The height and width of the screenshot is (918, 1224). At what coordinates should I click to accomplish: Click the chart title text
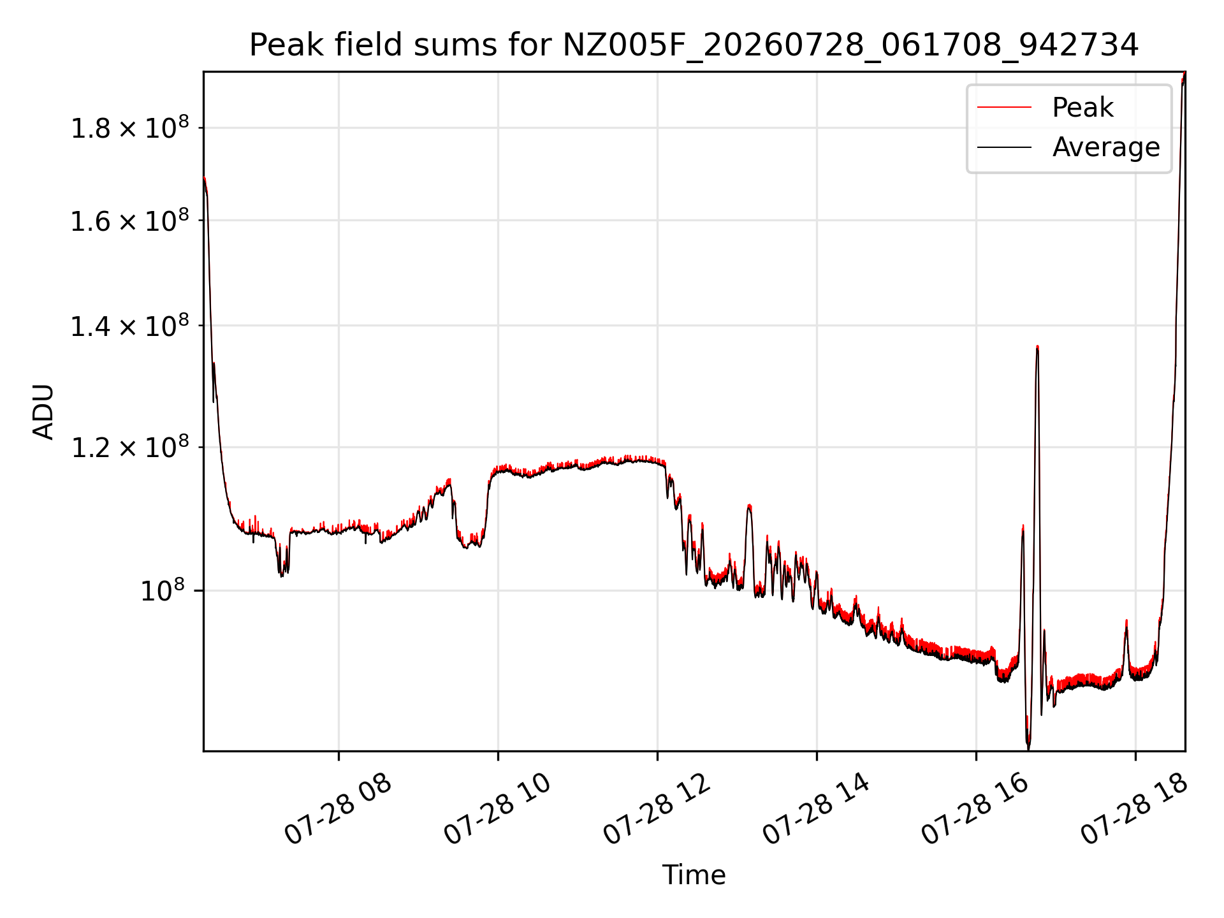(694, 45)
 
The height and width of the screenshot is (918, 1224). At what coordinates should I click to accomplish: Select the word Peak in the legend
(1082, 107)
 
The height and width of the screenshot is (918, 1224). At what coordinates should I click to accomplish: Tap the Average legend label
(1106, 147)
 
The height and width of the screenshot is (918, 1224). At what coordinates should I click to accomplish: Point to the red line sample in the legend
(1004, 107)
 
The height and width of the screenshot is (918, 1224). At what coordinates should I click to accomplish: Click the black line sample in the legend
(1004, 147)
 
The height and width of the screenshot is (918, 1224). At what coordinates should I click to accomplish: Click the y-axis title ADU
(43, 411)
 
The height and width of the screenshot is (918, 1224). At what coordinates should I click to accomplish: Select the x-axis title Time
(694, 875)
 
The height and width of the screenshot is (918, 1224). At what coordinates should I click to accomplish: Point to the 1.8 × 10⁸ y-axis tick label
(130, 127)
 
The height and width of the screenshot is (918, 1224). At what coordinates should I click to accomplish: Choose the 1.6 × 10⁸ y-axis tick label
(130, 221)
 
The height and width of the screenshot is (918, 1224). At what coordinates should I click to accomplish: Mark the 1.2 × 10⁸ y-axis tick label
(130, 447)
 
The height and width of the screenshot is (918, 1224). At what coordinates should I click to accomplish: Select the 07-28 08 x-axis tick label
(338, 810)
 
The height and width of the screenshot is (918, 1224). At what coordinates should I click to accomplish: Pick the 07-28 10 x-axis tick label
(497, 810)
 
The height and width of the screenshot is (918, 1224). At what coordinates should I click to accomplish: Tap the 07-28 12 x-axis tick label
(657, 810)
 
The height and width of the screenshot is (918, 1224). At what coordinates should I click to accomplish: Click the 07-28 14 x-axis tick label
(816, 810)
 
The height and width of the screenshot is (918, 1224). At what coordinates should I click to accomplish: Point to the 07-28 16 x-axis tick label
(975, 810)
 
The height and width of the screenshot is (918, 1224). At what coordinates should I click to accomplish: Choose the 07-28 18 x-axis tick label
(1135, 810)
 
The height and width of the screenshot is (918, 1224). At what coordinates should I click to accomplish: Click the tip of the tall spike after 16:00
(1038, 346)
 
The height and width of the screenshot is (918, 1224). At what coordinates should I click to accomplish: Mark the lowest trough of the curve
(1028, 748)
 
